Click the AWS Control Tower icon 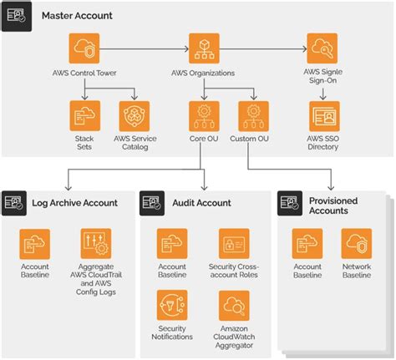tap(88, 48)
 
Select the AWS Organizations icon tap(205, 48)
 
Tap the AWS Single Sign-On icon tap(322, 48)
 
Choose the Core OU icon tap(205, 116)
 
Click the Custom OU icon tap(253, 116)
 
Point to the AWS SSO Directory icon tap(322, 116)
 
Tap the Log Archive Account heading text tap(74, 202)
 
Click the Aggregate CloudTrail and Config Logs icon tap(95, 244)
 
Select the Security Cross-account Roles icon tap(235, 244)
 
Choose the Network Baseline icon tap(357, 244)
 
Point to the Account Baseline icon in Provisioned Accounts tap(307, 244)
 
